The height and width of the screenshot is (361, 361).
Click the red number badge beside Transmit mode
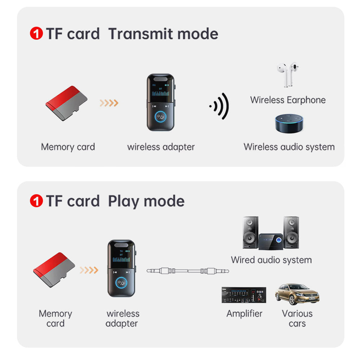point(36,34)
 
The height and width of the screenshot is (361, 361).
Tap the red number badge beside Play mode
point(36,201)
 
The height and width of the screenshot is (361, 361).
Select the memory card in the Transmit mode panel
point(67,103)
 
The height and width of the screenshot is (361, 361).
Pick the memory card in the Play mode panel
point(54,270)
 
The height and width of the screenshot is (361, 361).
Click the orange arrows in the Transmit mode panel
point(109,103)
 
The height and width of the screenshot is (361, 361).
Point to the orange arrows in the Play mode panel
point(89,270)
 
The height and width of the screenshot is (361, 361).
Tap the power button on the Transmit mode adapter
point(161,117)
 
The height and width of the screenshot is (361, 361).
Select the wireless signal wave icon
point(220,106)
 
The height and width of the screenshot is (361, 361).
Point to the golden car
point(297,294)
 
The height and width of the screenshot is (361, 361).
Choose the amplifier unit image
point(243,295)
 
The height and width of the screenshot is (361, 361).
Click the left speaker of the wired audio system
point(250,232)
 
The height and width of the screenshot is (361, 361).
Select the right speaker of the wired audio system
point(291,232)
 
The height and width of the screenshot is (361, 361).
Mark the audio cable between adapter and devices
point(188,270)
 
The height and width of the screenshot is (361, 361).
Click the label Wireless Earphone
point(288,100)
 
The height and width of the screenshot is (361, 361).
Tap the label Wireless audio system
point(289,147)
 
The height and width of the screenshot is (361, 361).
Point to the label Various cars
point(297,318)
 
